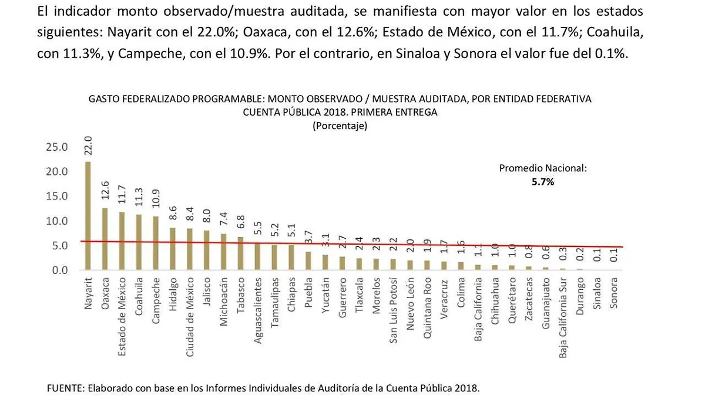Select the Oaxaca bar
[x=105, y=239]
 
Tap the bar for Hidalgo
[x=172, y=249]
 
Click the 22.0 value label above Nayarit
[x=88, y=146]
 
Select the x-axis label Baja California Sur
[x=563, y=317]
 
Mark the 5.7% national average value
[x=543, y=182]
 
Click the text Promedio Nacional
[x=543, y=168]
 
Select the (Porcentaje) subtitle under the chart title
[x=340, y=126]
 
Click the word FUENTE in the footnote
[x=65, y=388]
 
